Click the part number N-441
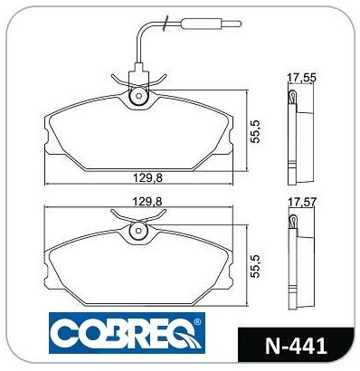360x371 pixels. [296, 346]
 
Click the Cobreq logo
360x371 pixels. [127, 333]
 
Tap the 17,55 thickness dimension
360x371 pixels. [301, 78]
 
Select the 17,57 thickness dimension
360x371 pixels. [302, 202]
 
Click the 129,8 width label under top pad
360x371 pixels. [148, 178]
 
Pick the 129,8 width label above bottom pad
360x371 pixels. [148, 201]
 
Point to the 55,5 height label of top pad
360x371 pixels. [255, 131]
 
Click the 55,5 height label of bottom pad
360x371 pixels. [255, 265]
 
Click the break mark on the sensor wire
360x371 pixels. [165, 24]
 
